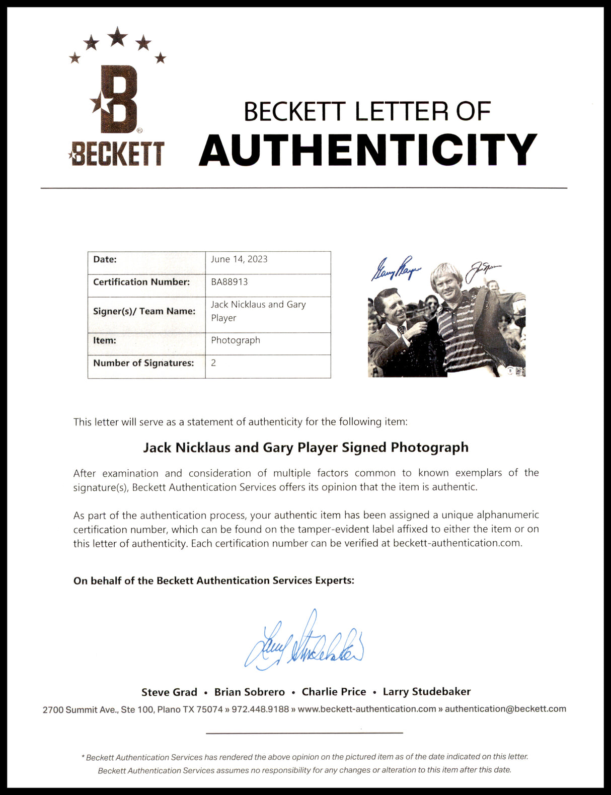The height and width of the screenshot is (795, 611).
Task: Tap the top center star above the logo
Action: coord(117,36)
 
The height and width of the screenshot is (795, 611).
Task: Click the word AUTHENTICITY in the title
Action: coord(368,150)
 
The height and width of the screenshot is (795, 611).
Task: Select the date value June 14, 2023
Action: coord(239,259)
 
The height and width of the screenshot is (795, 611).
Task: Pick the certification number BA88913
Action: coord(230,282)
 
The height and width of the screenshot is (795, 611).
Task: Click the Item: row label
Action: coord(105,340)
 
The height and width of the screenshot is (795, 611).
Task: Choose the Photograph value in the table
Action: coord(236,340)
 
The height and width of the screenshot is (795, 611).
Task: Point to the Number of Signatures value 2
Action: coord(213,363)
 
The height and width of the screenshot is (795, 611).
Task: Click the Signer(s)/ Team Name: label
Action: coord(144,311)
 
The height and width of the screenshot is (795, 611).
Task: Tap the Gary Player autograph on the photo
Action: coord(396,269)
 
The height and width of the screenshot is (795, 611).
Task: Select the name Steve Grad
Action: coord(169,692)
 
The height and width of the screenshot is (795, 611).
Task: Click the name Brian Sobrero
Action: coord(250,692)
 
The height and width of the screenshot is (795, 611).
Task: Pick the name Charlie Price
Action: coord(334,692)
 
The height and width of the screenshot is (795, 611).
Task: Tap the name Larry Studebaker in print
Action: coord(427,692)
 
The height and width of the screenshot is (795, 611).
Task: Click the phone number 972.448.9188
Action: coord(260,709)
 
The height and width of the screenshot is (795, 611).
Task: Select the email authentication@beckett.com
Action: coord(505,709)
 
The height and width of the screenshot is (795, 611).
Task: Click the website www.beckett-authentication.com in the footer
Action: coord(367,709)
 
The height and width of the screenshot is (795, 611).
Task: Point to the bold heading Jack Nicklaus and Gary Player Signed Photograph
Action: coord(306,447)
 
